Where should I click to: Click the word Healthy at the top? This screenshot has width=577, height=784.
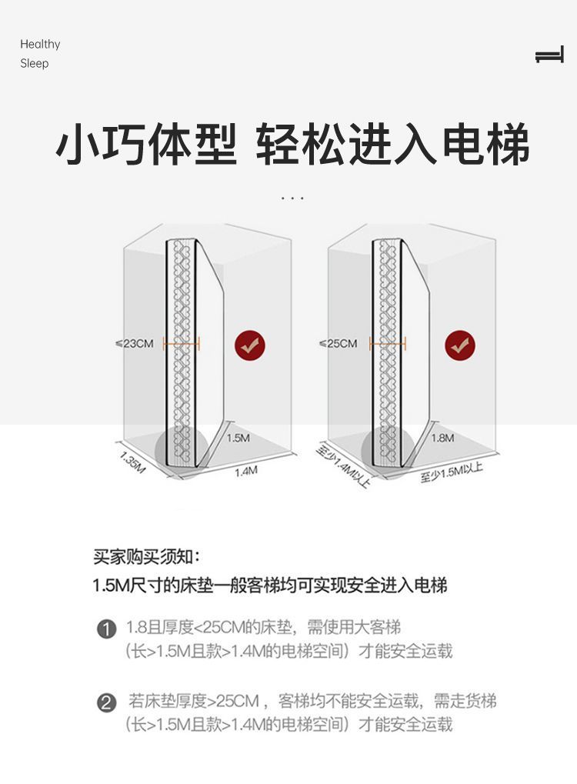pos(40,45)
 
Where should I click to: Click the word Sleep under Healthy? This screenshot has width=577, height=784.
pos(34,63)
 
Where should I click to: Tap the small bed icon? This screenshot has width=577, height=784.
pos(549,55)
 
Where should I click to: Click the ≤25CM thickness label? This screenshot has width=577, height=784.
pos(337,343)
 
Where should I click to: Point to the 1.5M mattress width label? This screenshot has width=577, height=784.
pos(238,438)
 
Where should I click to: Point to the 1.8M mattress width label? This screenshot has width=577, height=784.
pos(442,438)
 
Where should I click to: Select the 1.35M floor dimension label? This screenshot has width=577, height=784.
pos(132,463)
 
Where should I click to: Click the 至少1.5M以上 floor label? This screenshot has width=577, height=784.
pos(452,472)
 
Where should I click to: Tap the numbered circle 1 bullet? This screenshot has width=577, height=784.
pos(106,629)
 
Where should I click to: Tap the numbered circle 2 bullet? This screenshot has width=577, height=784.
pos(106,702)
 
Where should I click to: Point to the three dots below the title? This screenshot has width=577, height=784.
pos(292,199)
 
